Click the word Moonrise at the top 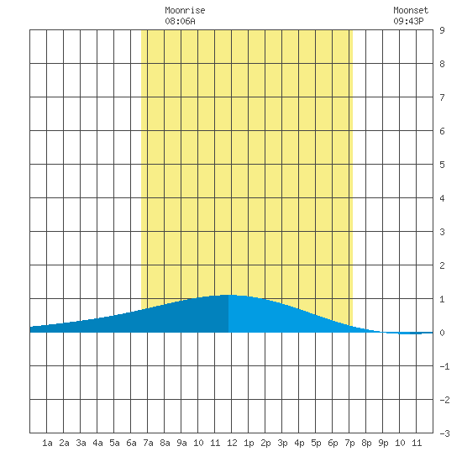click(185, 10)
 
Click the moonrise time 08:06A click(180, 21)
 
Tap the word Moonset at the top click(411, 10)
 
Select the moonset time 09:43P click(408, 21)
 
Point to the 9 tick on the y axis click(442, 30)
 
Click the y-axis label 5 click(442, 165)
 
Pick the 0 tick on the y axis click(442, 333)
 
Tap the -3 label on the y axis click(444, 433)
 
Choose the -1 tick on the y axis click(444, 366)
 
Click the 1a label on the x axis click(47, 443)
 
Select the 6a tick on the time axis click(131, 443)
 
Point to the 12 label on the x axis click(232, 443)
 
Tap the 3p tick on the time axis click(282, 443)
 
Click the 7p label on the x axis click(349, 443)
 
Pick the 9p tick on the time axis click(383, 443)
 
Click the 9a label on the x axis click(181, 443)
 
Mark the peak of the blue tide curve click(228, 295)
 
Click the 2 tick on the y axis click(442, 265)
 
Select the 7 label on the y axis click(442, 97)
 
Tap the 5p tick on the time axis click(316, 443)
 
